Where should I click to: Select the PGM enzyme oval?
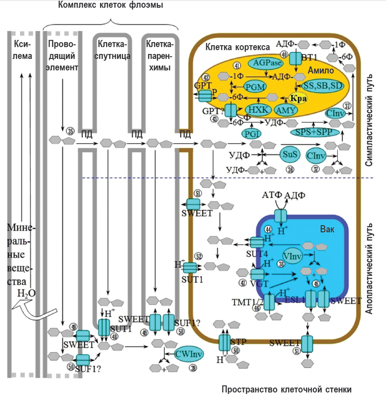tap(255, 86)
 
